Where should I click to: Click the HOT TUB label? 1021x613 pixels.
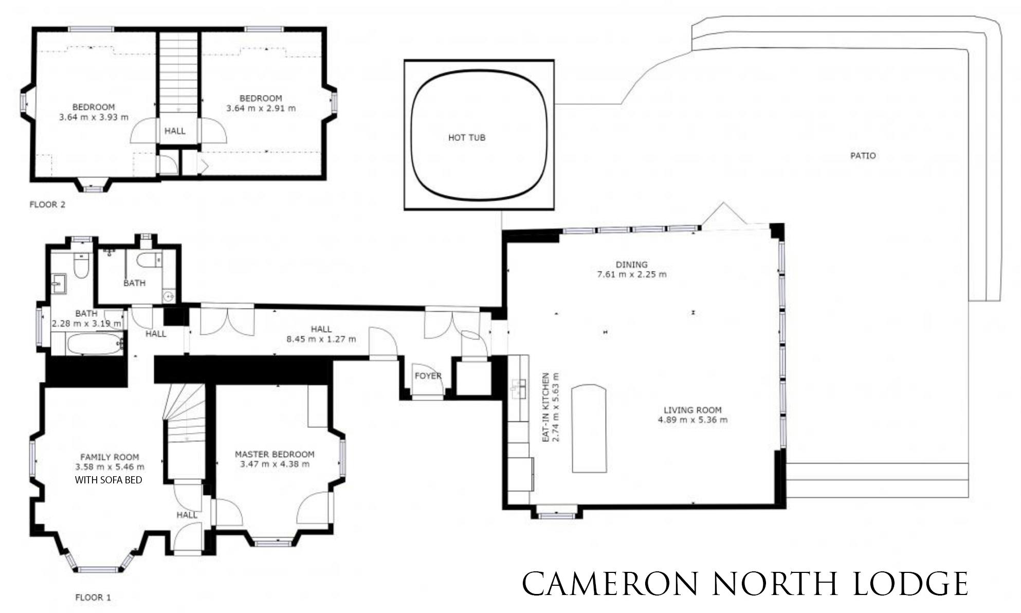tap(466, 138)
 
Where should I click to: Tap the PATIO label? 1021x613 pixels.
tap(863, 156)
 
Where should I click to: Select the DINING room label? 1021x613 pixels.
tap(631, 265)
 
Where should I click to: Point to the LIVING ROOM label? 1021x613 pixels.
tap(692, 410)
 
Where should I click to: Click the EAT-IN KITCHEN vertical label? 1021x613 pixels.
tap(546, 407)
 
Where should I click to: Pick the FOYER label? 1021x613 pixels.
tap(428, 376)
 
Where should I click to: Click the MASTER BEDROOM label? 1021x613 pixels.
tap(275, 455)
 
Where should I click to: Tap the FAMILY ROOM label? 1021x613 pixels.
tap(110, 457)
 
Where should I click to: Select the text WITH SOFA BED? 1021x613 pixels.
tap(108, 480)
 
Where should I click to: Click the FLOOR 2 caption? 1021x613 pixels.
tap(47, 205)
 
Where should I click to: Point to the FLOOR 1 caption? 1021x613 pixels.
tap(93, 598)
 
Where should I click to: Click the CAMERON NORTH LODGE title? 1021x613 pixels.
tap(745, 584)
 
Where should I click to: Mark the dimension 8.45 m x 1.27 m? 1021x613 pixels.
tap(321, 339)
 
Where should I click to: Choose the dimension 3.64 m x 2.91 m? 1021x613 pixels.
tap(261, 109)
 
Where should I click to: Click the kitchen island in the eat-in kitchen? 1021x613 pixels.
tap(589, 428)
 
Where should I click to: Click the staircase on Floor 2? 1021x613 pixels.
tap(178, 72)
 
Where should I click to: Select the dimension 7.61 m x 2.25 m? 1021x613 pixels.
tap(631, 275)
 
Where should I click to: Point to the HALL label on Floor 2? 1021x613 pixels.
tap(175, 131)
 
